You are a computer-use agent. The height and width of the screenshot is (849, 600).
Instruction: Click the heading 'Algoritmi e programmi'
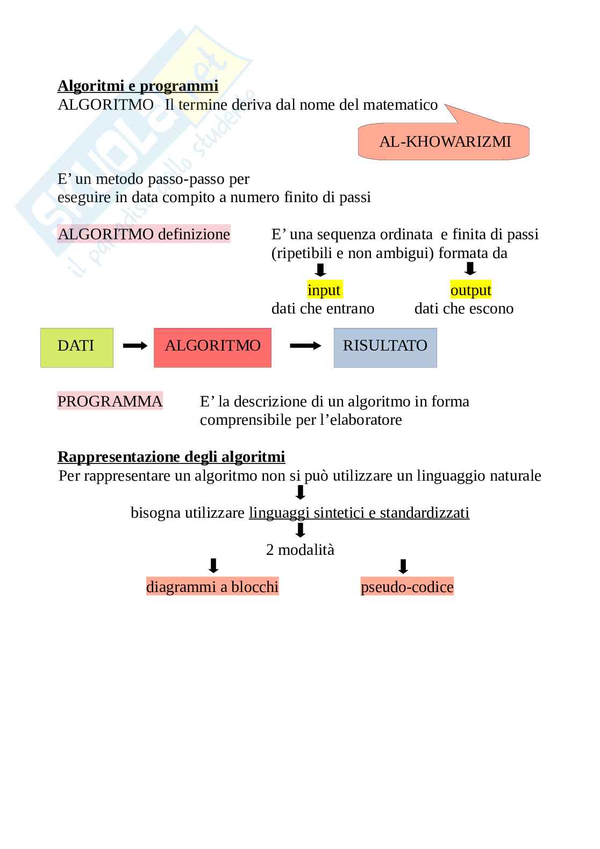[x=138, y=86]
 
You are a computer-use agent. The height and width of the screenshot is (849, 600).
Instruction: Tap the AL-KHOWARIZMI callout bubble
[x=444, y=142]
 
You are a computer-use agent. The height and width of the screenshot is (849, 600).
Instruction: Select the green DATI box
[x=77, y=347]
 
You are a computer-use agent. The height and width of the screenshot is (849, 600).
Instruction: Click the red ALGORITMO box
[x=212, y=347]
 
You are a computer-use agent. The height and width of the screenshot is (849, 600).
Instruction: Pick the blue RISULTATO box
[x=385, y=347]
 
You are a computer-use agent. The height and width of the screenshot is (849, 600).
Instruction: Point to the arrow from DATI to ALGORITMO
[x=135, y=346]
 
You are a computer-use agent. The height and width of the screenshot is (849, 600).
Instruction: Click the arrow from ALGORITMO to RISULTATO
[x=305, y=346]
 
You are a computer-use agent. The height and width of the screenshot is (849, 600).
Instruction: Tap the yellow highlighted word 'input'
[x=324, y=290]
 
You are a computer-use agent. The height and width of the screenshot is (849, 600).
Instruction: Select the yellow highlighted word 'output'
[x=470, y=290]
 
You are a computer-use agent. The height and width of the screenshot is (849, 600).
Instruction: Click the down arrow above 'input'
[x=321, y=270]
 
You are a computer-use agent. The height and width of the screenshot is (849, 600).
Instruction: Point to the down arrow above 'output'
[x=470, y=269]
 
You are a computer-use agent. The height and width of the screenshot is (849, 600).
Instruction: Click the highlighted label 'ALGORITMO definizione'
[x=144, y=234]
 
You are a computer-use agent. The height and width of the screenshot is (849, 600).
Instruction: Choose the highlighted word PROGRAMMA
[x=110, y=401]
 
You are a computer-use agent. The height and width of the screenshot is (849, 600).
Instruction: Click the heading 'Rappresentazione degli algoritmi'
[x=171, y=457]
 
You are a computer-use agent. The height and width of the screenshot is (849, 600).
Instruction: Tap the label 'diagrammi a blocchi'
[x=212, y=587]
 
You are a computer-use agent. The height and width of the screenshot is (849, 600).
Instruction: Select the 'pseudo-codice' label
[x=407, y=587]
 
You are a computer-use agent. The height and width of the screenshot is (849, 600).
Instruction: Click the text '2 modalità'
[x=300, y=550]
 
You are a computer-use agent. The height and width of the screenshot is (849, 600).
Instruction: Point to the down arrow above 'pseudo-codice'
[x=403, y=567]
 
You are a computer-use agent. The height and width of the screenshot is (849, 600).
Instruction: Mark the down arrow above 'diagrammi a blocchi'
[x=213, y=566]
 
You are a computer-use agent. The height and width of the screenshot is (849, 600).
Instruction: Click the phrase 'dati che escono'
[x=463, y=309]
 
